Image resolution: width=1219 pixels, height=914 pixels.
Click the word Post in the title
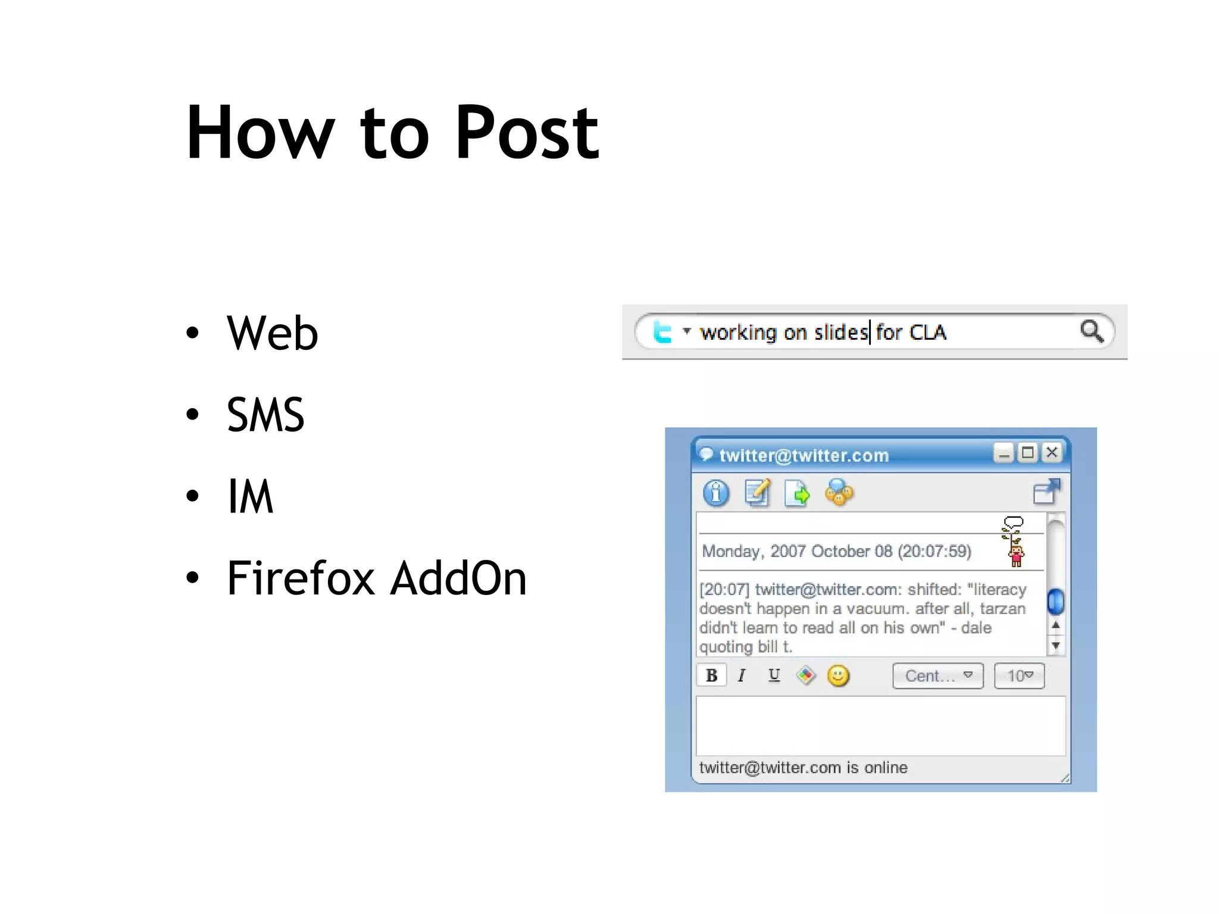527,133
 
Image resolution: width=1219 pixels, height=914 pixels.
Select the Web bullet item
272,333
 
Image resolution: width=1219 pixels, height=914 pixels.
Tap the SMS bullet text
265,415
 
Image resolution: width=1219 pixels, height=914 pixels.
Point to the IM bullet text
251,496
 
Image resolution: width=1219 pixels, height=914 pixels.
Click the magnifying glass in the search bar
1092,331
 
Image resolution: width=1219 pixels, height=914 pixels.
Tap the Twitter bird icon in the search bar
662,332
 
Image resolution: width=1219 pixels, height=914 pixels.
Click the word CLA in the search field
927,332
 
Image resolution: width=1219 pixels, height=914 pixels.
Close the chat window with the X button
1052,453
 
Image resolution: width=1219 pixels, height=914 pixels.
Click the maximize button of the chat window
1027,453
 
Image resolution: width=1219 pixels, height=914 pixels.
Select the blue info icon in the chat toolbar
716,493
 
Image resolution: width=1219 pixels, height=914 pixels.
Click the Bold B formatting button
711,675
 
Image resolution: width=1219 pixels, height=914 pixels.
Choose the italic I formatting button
742,675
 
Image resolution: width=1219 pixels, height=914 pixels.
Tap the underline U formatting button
774,675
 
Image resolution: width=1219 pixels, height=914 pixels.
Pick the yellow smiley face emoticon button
838,676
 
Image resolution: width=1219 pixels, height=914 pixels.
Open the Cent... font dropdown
937,676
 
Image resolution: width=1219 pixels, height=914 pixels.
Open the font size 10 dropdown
1019,676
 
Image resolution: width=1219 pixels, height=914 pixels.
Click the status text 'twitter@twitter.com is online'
803,768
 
